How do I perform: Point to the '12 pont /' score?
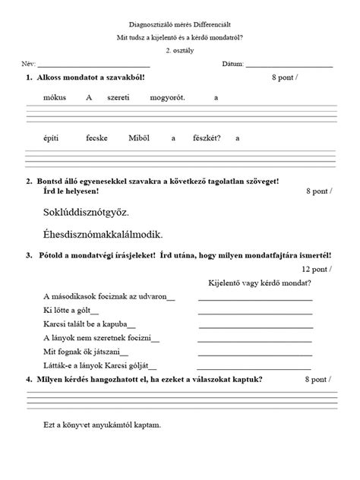point(317,268)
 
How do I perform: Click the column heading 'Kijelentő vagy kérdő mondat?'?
point(256,283)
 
